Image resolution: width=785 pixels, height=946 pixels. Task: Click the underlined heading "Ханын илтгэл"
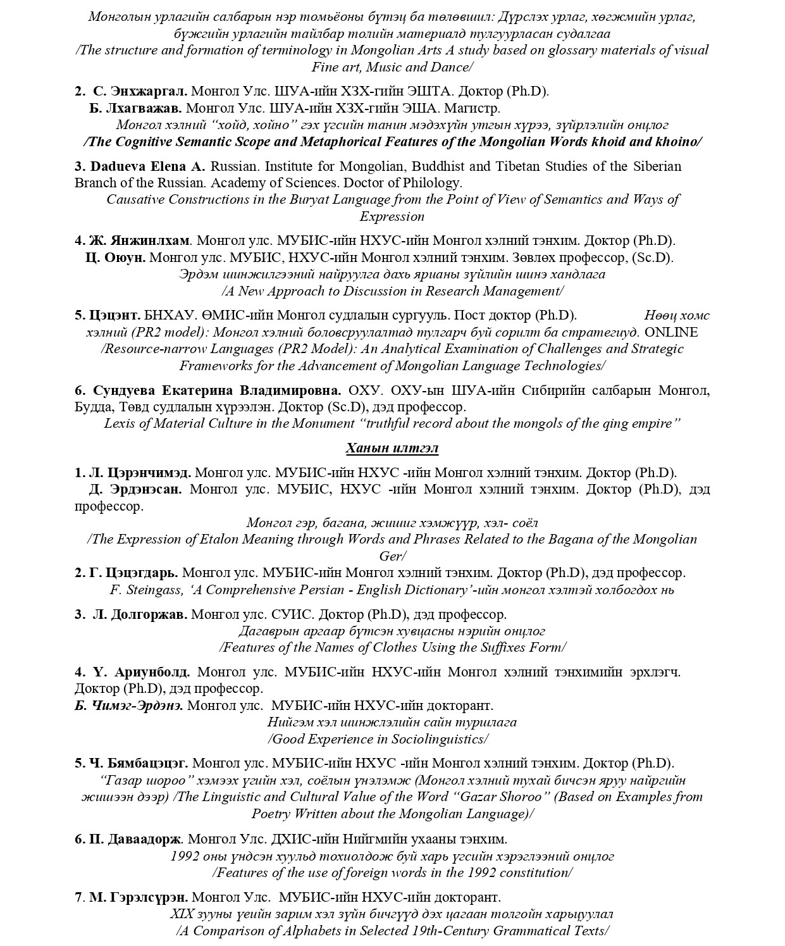392,448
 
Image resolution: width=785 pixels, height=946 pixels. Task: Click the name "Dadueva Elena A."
148,166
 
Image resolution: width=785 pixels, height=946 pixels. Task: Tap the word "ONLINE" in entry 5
671,332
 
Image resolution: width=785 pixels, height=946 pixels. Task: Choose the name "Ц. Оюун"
116,258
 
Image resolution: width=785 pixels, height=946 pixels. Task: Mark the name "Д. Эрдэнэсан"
136,489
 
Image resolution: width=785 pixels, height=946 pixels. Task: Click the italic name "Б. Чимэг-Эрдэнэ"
129,705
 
